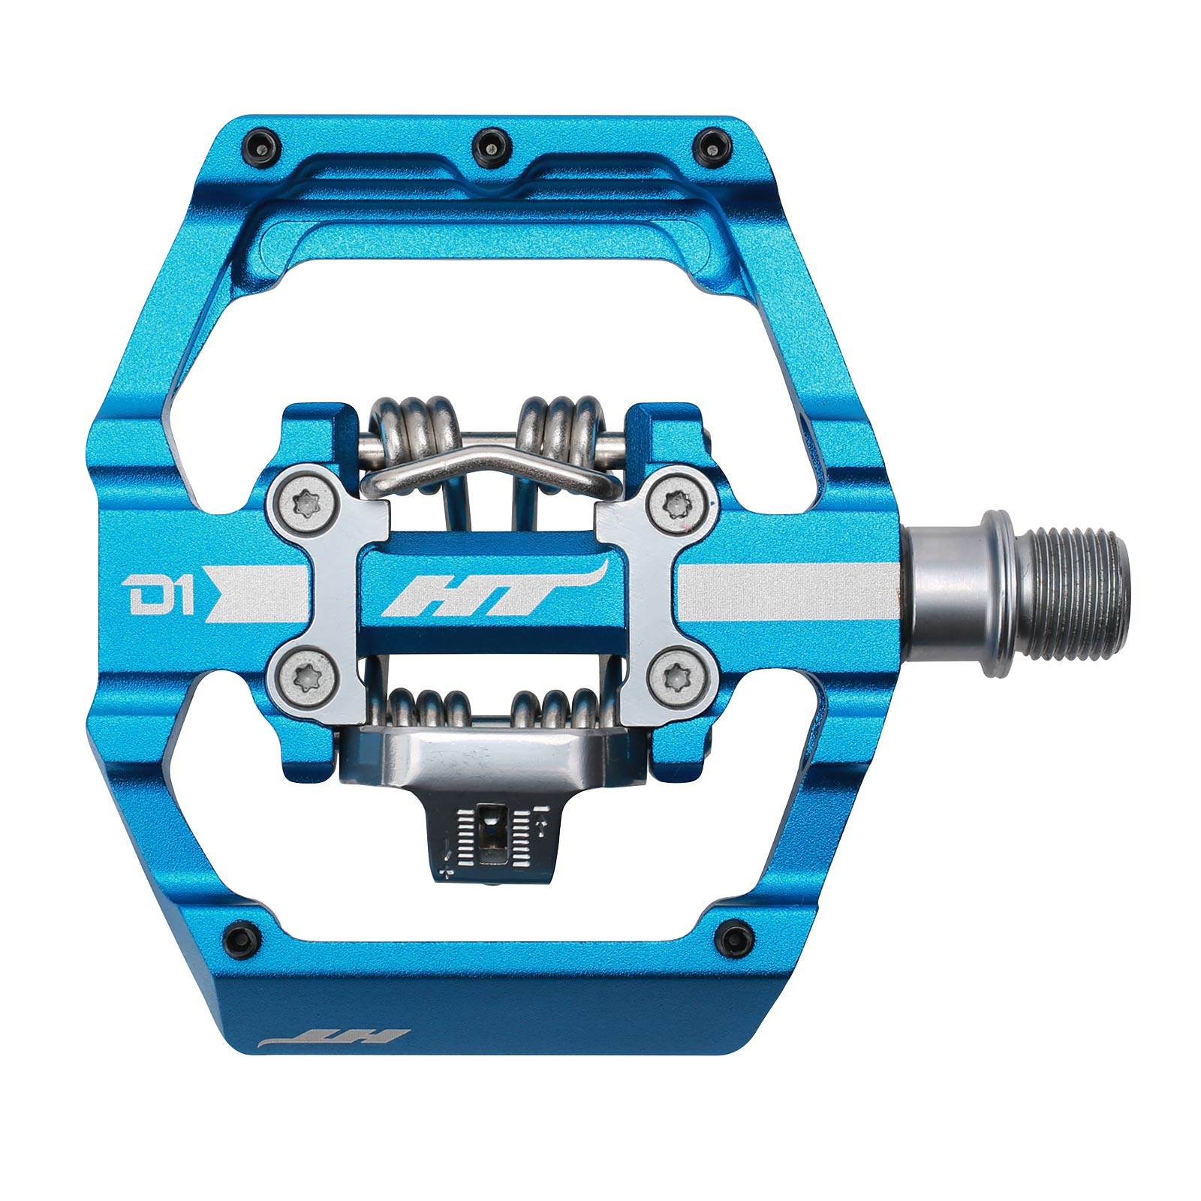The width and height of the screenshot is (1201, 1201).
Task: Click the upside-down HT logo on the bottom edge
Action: (x=333, y=1039)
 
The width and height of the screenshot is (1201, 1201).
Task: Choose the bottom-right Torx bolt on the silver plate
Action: (x=679, y=679)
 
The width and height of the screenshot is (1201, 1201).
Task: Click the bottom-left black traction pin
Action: (x=242, y=938)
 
